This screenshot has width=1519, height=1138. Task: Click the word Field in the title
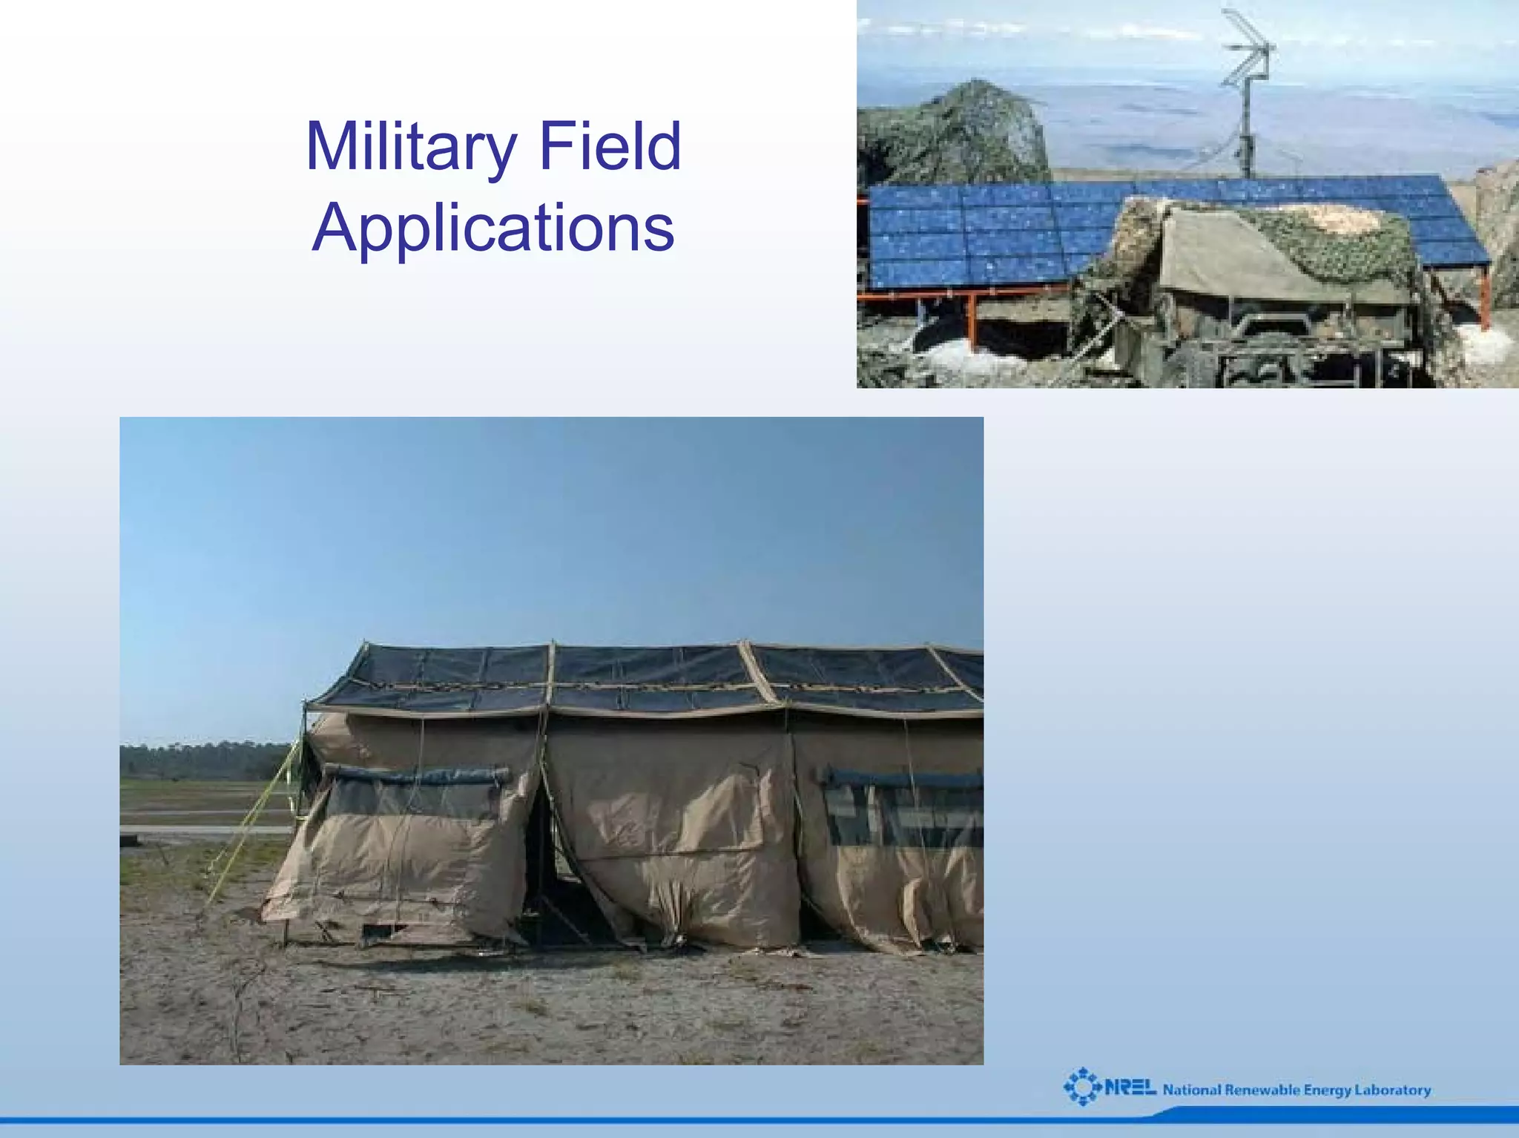[x=610, y=145]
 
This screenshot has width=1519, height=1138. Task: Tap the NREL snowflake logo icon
[x=1083, y=1087]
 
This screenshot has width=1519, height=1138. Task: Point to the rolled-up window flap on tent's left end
[x=415, y=776]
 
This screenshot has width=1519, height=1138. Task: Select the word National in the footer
[x=1192, y=1090]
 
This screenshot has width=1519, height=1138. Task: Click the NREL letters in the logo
[x=1130, y=1088]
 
